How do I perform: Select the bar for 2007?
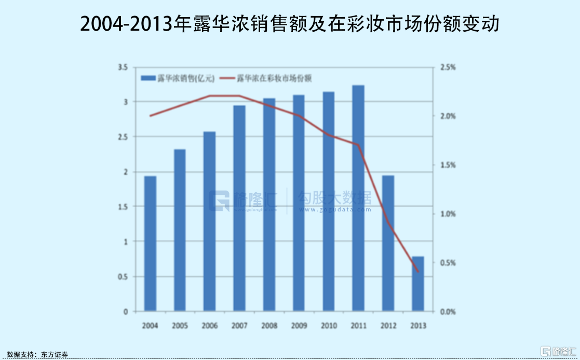(239, 208)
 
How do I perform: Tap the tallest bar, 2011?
(358, 198)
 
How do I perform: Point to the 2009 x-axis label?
(299, 326)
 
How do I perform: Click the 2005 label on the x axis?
(180, 326)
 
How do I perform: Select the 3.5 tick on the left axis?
(123, 67)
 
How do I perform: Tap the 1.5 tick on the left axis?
(123, 207)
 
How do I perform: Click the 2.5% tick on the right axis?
(448, 67)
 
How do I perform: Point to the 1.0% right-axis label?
(448, 214)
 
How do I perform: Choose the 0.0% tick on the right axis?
(448, 312)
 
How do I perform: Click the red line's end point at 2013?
(418, 271)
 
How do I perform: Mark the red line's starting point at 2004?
(150, 116)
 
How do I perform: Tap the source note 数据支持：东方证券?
(37, 354)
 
